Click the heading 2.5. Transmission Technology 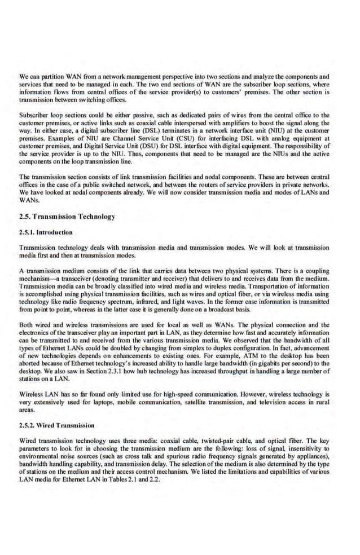[67, 217]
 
